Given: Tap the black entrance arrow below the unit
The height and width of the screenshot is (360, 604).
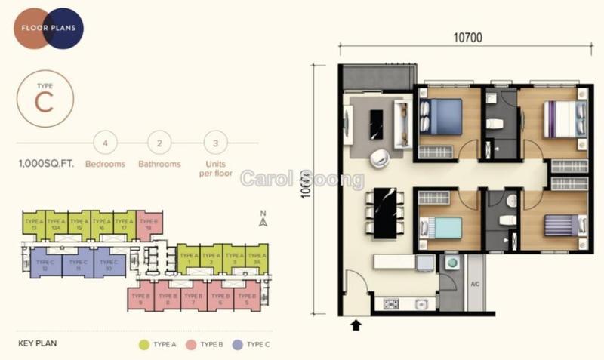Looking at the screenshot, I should coord(357,325).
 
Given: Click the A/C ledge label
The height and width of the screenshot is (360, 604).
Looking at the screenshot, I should coord(476,285).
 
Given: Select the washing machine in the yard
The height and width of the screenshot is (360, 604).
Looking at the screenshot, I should coord(454,263).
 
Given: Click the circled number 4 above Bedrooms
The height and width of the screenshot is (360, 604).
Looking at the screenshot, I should coord(106,143).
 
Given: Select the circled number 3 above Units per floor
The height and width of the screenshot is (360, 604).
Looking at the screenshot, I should coord(216,143).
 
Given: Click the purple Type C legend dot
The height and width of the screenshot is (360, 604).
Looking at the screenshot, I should coord(239,344).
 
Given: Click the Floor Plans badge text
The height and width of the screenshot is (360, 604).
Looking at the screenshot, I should coord(53,29).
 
